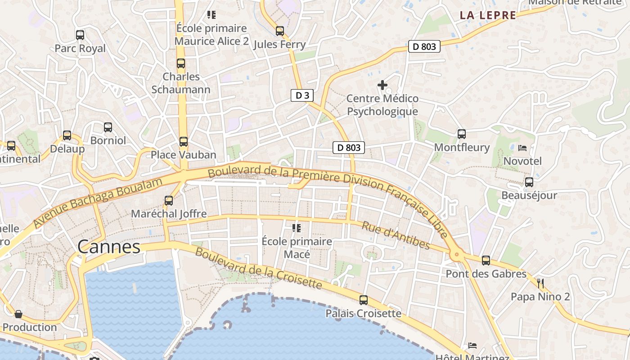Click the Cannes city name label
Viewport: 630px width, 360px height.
tap(109, 247)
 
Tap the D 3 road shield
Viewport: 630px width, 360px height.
tap(301, 95)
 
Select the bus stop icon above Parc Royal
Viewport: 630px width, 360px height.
tap(80, 35)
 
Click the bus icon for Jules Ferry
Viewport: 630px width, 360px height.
tap(280, 31)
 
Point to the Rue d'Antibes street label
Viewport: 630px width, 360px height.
tap(396, 235)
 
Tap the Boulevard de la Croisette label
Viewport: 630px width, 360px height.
tap(259, 268)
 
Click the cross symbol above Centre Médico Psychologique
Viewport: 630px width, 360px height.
tap(382, 85)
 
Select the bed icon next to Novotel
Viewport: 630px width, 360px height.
tap(522, 148)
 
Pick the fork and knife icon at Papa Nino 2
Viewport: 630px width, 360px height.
tap(540, 283)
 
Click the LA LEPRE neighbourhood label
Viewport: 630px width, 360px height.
tap(488, 15)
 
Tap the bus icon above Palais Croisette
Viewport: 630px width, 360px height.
tap(364, 300)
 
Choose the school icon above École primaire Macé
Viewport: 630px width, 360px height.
tap(297, 228)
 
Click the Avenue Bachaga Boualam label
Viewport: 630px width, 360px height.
tap(98, 202)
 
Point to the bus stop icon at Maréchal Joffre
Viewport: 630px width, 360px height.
tap(169, 201)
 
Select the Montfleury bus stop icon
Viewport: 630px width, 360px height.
tap(462, 134)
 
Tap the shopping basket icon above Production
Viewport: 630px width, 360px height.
tap(18, 314)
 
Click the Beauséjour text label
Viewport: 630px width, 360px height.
tap(529, 195)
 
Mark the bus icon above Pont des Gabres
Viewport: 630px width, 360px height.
tap(486, 260)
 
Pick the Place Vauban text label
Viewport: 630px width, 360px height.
tap(184, 155)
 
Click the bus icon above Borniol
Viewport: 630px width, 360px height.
tap(108, 127)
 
